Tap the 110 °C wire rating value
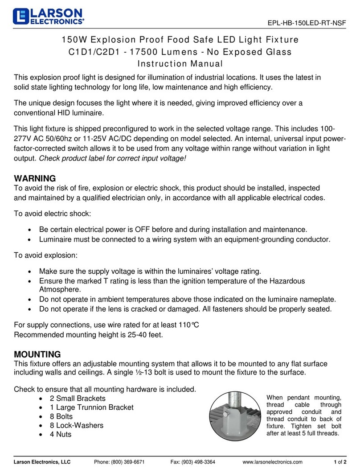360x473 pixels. [187, 325]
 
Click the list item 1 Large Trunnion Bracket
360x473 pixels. [86, 407]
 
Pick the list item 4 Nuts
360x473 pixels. [55, 434]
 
